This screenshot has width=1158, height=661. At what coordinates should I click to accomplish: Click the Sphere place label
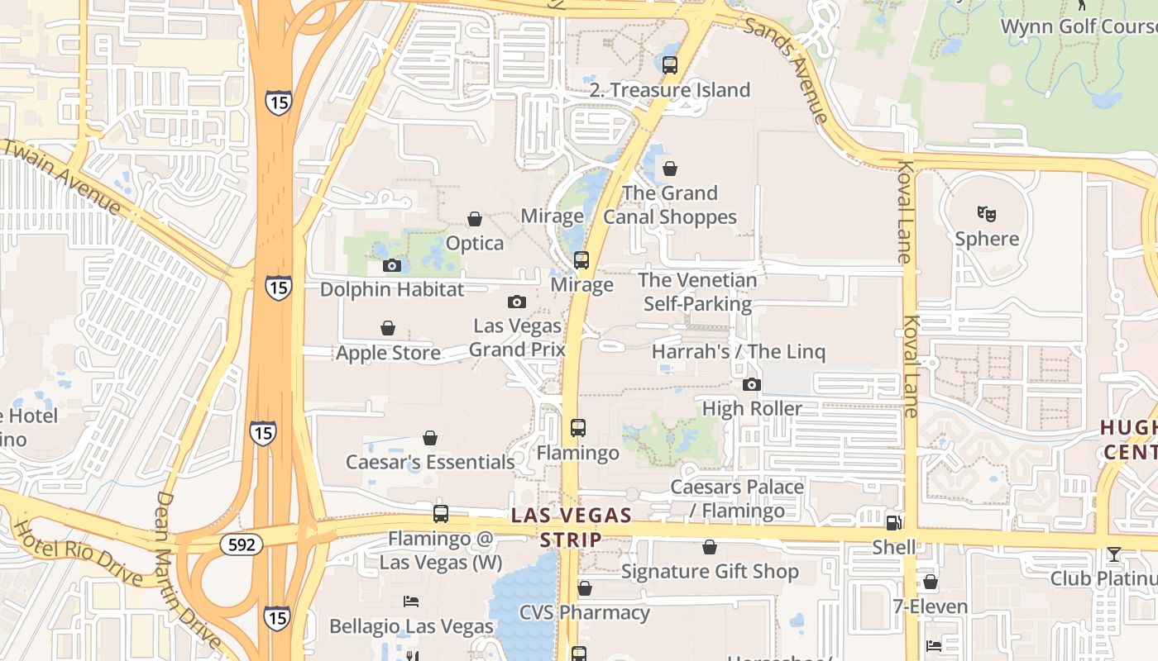987,239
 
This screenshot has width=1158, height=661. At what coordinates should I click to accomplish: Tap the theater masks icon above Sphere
987,214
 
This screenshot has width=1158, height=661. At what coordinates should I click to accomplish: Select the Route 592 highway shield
241,544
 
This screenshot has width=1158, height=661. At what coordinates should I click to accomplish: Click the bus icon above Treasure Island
670,64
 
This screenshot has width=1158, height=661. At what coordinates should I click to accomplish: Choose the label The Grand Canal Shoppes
670,205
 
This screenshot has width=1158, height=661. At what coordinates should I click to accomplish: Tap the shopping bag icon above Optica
475,219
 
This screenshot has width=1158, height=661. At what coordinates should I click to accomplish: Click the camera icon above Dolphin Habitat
392,265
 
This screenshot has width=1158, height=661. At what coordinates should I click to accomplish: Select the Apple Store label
388,353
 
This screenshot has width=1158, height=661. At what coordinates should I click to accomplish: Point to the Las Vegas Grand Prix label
517,337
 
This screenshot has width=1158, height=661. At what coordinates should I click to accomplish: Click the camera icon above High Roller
752,384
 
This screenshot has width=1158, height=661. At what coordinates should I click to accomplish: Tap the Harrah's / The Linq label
739,351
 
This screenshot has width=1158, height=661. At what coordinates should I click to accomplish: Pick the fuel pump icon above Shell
893,522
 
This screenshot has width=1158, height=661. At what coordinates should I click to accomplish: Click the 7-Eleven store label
930,606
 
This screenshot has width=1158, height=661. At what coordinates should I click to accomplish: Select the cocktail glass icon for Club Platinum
1114,554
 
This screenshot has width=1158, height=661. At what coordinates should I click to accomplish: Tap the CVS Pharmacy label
584,612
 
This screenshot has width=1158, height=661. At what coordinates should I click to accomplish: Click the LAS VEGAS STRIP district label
571,527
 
